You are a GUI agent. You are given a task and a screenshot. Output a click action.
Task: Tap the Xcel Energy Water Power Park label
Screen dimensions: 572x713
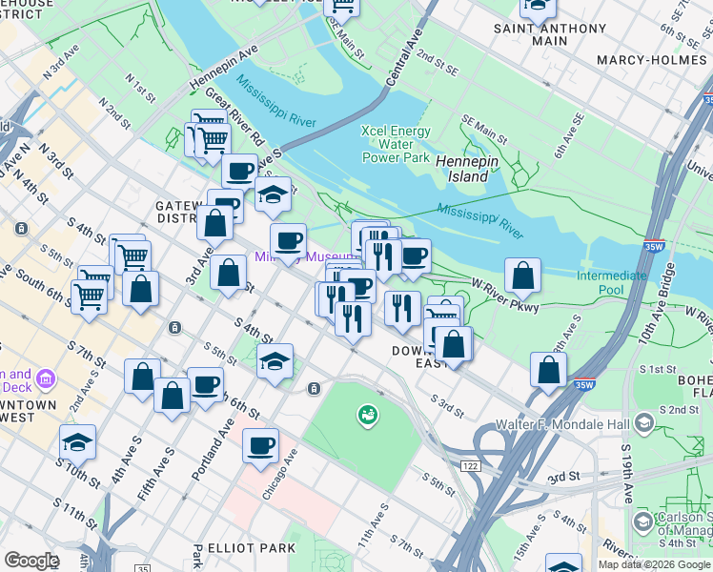tap(396, 145)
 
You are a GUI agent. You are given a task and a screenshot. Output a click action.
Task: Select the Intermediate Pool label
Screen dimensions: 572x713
tap(611, 282)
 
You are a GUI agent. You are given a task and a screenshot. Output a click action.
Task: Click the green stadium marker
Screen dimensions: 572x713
tap(366, 415)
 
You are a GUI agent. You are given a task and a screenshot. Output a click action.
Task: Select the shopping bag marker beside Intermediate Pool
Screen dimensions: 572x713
tap(522, 276)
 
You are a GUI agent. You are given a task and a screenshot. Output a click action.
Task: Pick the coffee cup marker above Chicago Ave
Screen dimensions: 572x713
tap(260, 445)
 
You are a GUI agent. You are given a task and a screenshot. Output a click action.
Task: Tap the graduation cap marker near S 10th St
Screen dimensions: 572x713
tap(78, 442)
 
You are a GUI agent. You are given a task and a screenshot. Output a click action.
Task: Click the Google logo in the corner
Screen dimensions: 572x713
tap(31, 561)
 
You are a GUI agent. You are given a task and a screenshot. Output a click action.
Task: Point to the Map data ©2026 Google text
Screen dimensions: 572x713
tap(653, 564)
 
